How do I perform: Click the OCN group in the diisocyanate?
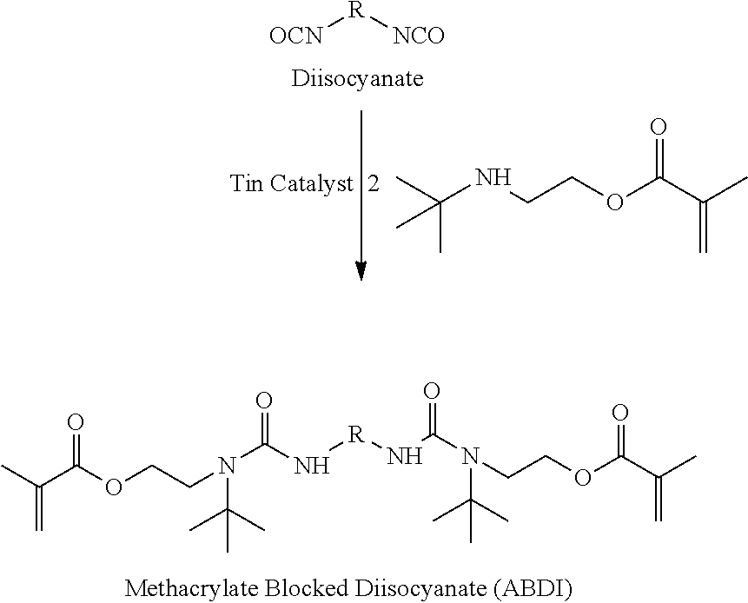295,36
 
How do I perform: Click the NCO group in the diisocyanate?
419,36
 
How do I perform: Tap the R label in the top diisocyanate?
356,10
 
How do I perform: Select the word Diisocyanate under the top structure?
357,78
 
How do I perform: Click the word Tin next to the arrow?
246,182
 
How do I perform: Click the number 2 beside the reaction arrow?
374,183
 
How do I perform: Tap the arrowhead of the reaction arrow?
361,271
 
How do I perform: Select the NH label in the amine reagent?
493,178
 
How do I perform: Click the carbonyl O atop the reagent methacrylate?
659,128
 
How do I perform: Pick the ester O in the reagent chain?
614,201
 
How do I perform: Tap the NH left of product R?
312,465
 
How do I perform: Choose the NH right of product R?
405,456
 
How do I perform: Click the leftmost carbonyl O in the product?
76,422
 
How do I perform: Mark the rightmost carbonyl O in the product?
619,413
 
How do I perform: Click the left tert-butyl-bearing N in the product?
227,465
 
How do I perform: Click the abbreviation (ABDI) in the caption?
532,589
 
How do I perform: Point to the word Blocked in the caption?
305,588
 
